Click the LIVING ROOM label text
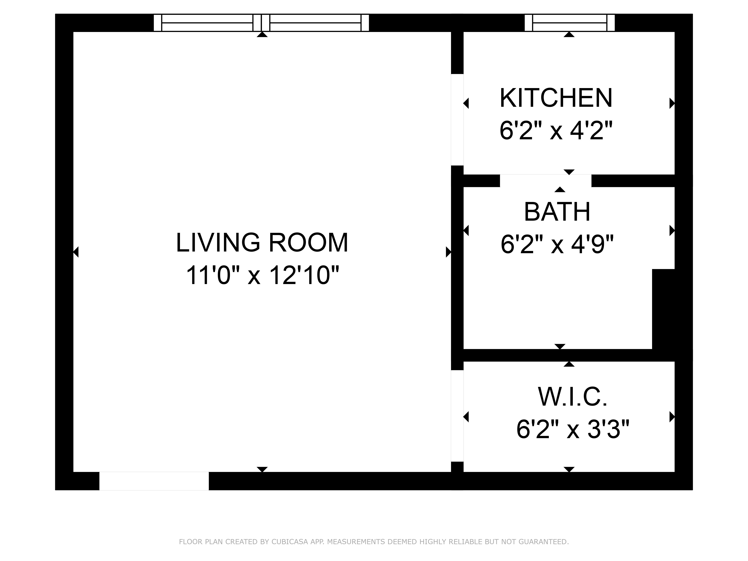[262, 243]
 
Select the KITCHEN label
[556, 98]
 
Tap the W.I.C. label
[572, 397]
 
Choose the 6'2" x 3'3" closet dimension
[572, 430]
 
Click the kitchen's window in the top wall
[569, 23]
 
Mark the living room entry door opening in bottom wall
[154, 481]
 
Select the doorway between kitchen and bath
[545, 181]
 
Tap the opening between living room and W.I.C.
[457, 416]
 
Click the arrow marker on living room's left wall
[76, 252]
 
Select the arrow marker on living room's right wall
[448, 252]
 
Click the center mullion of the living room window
[261, 23]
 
